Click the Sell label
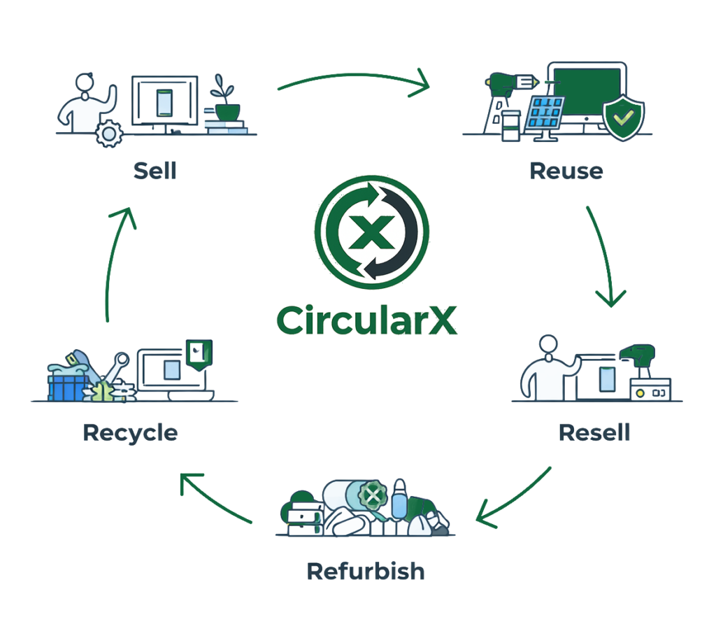coord(155,170)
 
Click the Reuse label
coord(566,170)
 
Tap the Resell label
coord(594,432)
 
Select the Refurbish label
coord(366,571)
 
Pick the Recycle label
coord(130,432)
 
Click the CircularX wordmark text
coord(366,320)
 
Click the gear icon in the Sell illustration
coord(108,133)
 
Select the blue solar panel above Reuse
coord(545,113)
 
